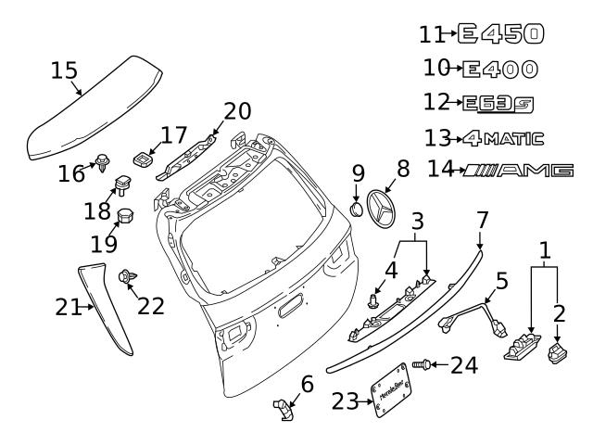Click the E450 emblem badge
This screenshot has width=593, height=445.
click(x=501, y=34)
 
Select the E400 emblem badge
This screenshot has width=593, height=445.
click(x=499, y=69)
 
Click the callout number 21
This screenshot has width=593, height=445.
click(x=69, y=307)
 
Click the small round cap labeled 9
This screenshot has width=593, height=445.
click(x=357, y=206)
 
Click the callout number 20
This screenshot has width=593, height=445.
click(x=236, y=110)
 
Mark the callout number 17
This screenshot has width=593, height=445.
click(x=173, y=136)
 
